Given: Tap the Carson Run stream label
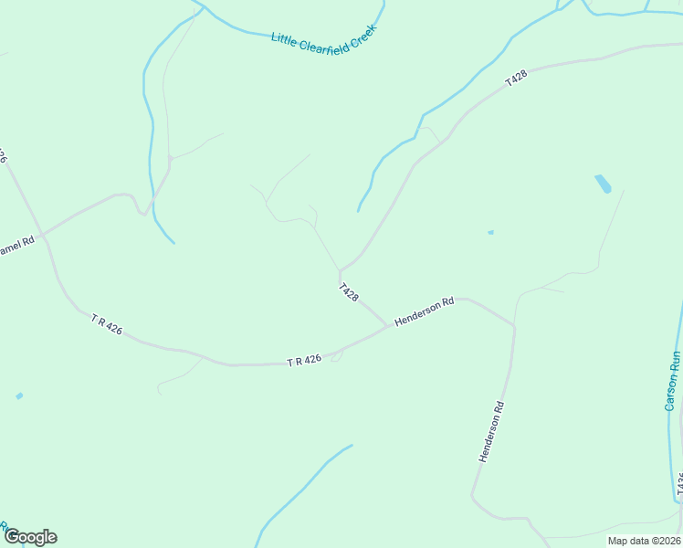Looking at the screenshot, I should tap(673, 380).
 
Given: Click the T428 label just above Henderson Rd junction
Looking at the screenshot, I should tap(348, 292).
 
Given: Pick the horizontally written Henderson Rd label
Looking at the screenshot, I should tap(425, 312).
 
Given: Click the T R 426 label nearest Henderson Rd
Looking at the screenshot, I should tap(304, 361).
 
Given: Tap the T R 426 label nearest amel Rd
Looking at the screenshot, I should tap(107, 324).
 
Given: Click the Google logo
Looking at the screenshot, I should tap(30, 537).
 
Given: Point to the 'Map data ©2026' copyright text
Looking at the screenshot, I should tap(644, 541).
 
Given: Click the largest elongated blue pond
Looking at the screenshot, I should tap(603, 184).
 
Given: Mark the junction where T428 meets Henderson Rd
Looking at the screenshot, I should tap(387, 326).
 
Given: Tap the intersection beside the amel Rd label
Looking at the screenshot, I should tap(42, 234).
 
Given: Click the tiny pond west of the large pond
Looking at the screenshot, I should tap(490, 232).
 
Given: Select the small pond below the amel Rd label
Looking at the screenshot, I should tap(19, 395).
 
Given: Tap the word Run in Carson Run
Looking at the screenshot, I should tap(676, 362).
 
